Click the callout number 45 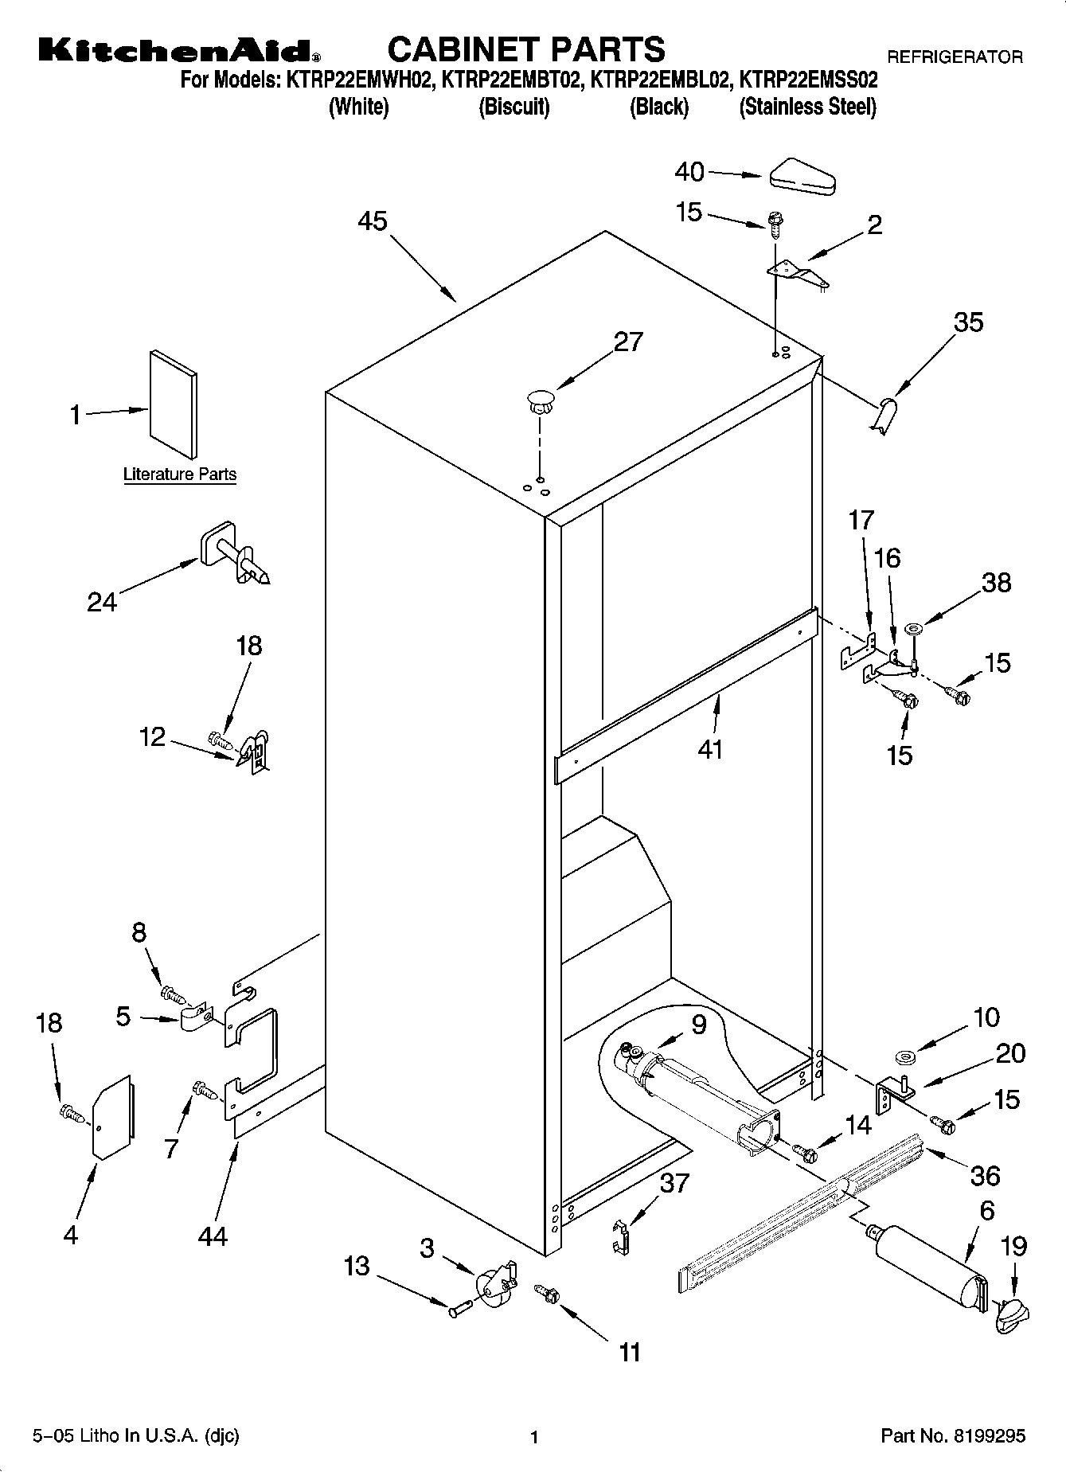[372, 221]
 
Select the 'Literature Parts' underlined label [180, 474]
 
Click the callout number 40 [689, 171]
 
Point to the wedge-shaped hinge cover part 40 [802, 176]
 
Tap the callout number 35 [968, 322]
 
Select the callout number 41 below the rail [710, 749]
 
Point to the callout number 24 [102, 602]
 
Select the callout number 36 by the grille [986, 1175]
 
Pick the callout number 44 [213, 1236]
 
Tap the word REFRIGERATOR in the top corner [955, 57]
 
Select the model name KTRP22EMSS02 [809, 80]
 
